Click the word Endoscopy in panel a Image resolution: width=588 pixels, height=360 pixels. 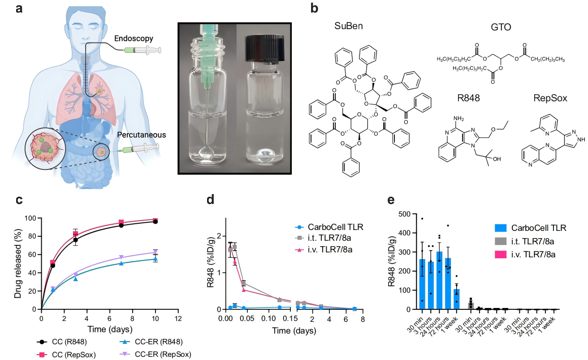click(134, 39)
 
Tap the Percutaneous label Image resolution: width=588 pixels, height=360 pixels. click(142, 134)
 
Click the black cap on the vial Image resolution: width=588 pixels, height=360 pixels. click(264, 48)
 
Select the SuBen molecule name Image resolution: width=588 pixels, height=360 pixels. click(349, 26)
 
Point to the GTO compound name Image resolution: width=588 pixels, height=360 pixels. click(501, 27)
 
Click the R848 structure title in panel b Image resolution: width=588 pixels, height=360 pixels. click(469, 98)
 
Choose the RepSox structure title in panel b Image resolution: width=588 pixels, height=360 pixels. click(550, 98)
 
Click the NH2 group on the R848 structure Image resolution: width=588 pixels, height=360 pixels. click(458, 119)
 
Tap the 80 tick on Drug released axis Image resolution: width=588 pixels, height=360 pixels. click(31, 236)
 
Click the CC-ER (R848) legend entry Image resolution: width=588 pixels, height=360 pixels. click(151, 342)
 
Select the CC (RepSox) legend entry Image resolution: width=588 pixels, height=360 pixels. click(66, 355)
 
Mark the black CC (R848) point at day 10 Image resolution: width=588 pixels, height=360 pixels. click(156, 221)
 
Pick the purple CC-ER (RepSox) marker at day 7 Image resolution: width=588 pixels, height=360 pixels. click(121, 257)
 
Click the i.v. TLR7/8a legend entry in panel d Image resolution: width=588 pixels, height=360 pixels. click(324, 249)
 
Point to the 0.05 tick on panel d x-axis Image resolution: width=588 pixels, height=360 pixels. click(247, 319)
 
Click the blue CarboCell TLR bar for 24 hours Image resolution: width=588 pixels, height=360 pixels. click(439, 281)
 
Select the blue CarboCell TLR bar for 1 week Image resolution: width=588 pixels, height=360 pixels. click(457, 299)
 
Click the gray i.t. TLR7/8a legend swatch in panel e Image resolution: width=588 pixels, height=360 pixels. click(500, 241)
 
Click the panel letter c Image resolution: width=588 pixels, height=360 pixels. click(19, 200)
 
